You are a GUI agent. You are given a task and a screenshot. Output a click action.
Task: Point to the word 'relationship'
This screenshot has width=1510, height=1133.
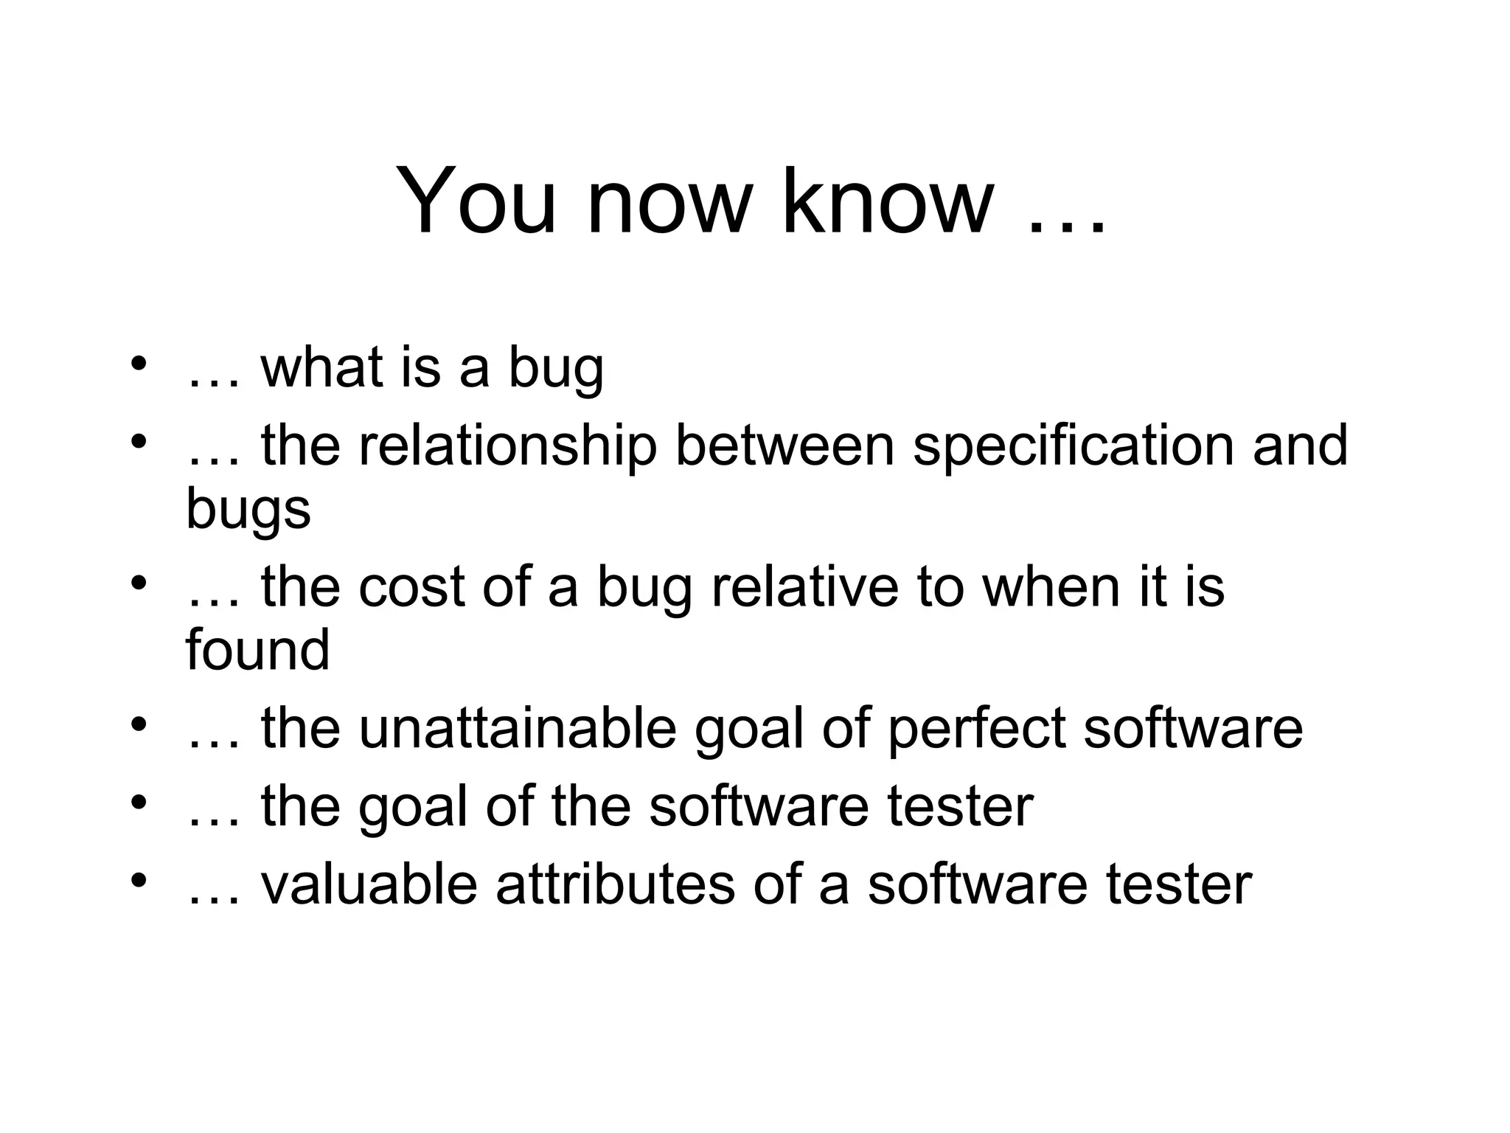tap(507, 447)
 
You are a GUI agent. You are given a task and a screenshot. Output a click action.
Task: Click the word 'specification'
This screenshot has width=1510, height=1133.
tap(1073, 447)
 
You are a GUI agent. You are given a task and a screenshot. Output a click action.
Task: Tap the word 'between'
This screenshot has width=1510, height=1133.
tap(784, 446)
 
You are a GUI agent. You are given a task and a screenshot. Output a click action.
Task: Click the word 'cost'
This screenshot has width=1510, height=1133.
tap(411, 588)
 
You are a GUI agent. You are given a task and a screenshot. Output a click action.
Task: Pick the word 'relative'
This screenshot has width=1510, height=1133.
tap(804, 588)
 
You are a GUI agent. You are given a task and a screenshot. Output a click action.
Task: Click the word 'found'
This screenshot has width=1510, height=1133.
tap(257, 650)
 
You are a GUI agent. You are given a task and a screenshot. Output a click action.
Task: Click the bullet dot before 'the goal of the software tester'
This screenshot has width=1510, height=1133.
tap(138, 803)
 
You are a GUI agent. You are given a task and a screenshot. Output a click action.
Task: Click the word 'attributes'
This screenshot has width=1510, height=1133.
tap(615, 884)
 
